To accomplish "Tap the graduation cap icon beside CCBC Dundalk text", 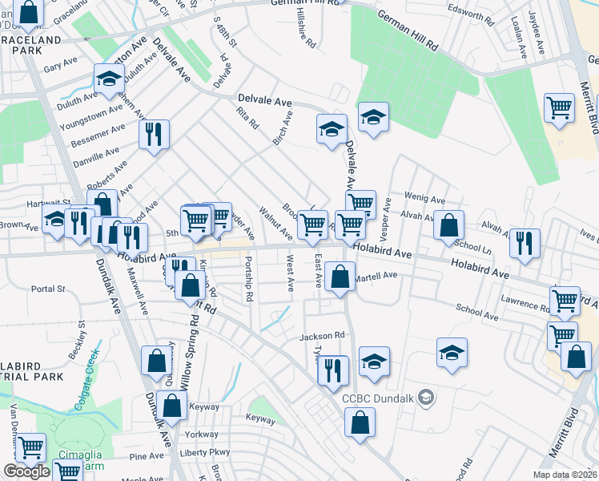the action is pos(428,396).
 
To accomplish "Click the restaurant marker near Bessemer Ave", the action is pos(152,135).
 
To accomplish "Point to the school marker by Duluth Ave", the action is pos(108,79).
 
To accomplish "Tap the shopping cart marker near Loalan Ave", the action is pos(559,109).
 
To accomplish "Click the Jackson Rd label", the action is pos(322,336).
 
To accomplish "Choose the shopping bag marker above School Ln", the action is pos(449,226).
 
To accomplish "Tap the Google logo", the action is pos(26,471).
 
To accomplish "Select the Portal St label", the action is pos(47,289).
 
